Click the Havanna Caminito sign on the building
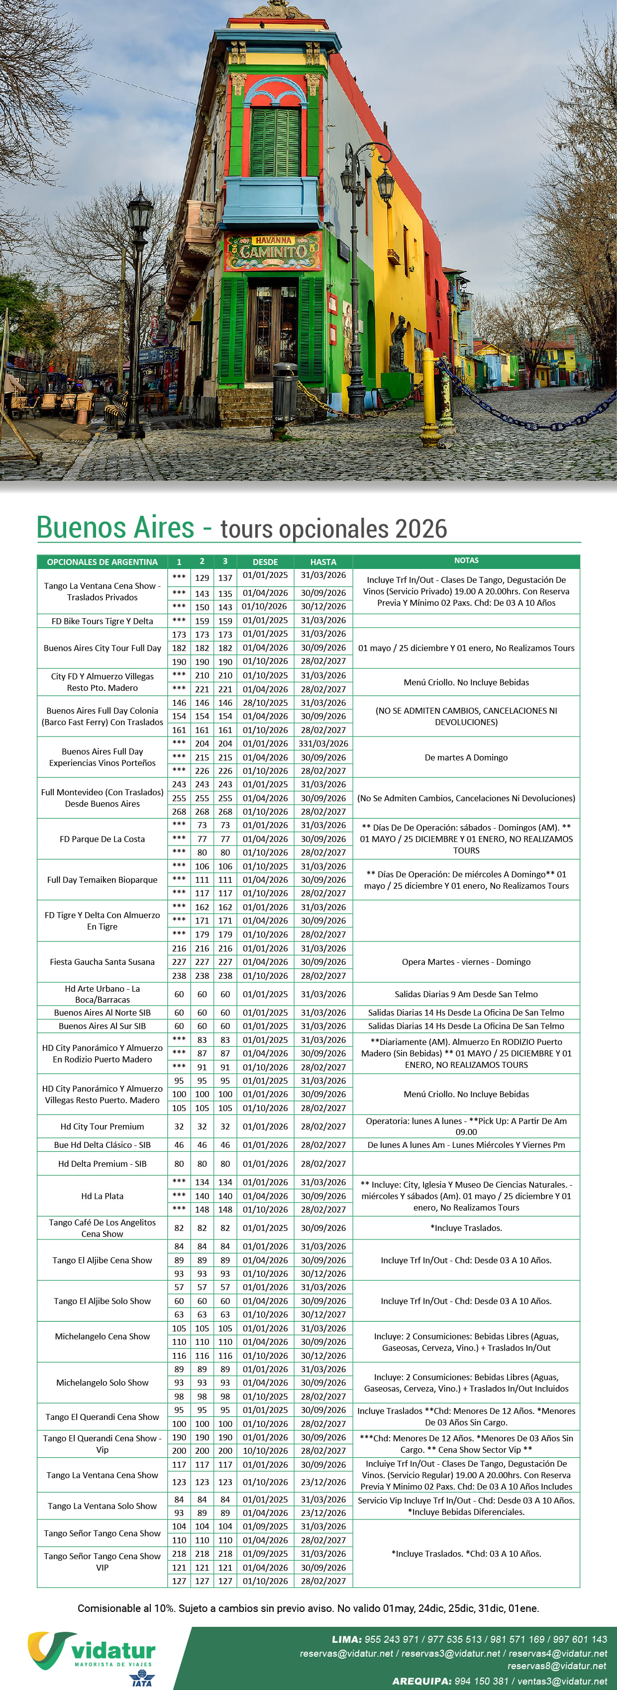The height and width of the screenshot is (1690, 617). tap(273, 251)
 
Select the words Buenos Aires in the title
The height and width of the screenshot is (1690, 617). tap(115, 528)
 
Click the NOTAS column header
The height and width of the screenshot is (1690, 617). tap(466, 561)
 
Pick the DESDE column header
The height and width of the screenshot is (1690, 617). tap(265, 562)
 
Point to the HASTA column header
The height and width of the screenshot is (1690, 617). tap(323, 562)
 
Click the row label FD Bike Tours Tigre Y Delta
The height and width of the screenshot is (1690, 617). tap(103, 621)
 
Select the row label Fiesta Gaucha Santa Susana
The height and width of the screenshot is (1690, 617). tap(103, 962)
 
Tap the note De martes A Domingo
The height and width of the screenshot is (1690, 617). tap(466, 757)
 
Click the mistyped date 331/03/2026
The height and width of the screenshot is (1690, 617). tap(323, 744)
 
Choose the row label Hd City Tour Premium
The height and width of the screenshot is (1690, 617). tap(103, 1127)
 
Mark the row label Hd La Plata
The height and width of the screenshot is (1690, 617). tap(103, 1196)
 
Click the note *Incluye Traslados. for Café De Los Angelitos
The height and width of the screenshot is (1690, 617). tap(466, 1228)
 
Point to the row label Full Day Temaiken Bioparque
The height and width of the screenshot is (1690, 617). tap(103, 880)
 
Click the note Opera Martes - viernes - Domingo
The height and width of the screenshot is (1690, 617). tap(466, 962)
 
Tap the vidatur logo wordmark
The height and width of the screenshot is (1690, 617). tap(113, 1651)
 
